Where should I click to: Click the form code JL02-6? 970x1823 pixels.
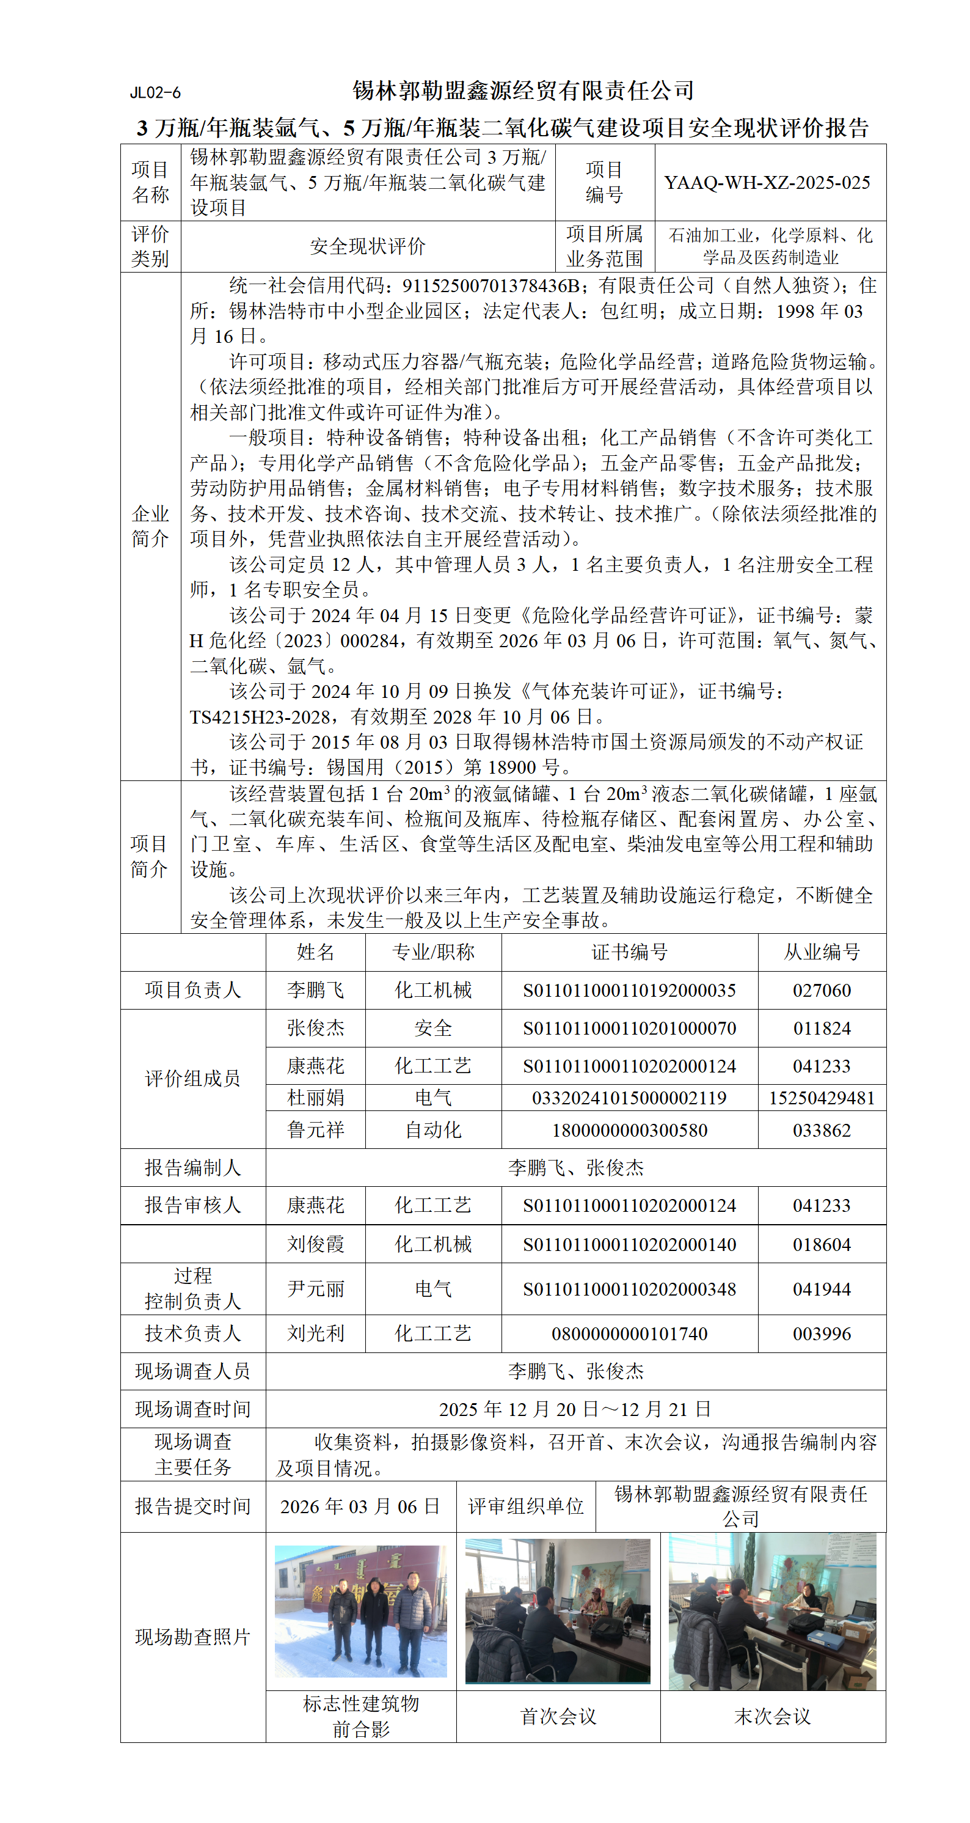pos(155,93)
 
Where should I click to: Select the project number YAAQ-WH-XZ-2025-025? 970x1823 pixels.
pos(767,183)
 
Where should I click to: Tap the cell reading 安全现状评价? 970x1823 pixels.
pos(367,246)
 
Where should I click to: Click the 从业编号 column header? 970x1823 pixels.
pos(821,952)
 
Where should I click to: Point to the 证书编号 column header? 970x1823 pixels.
pos(629,952)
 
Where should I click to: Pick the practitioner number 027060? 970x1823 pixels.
pos(821,990)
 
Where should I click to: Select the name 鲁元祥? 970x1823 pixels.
pos(316,1130)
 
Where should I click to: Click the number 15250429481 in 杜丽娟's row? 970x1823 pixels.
pos(821,1098)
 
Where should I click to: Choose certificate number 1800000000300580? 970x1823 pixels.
pos(629,1130)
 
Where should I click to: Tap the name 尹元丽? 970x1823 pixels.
pos(316,1289)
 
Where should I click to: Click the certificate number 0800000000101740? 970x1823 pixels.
pos(629,1333)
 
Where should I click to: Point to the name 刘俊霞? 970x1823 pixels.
pos(316,1244)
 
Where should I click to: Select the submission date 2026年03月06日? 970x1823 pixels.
pos(360,1506)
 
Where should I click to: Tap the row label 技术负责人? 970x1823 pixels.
pos(192,1333)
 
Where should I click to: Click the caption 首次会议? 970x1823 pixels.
pos(558,1716)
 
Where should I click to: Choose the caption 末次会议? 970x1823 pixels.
pos(772,1716)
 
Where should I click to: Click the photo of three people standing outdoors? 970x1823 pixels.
pos(360,1612)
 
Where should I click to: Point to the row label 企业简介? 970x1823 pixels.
pos(150,526)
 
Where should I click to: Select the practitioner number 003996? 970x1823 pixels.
pos(821,1333)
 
